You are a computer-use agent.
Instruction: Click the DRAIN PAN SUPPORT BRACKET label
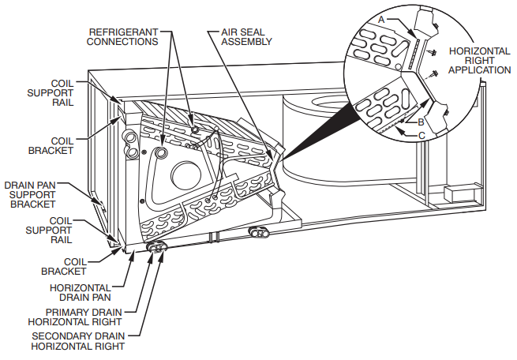(32, 194)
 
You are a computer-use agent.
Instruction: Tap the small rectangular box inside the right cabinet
(457, 193)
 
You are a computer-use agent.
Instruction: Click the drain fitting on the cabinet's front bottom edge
(259, 233)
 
